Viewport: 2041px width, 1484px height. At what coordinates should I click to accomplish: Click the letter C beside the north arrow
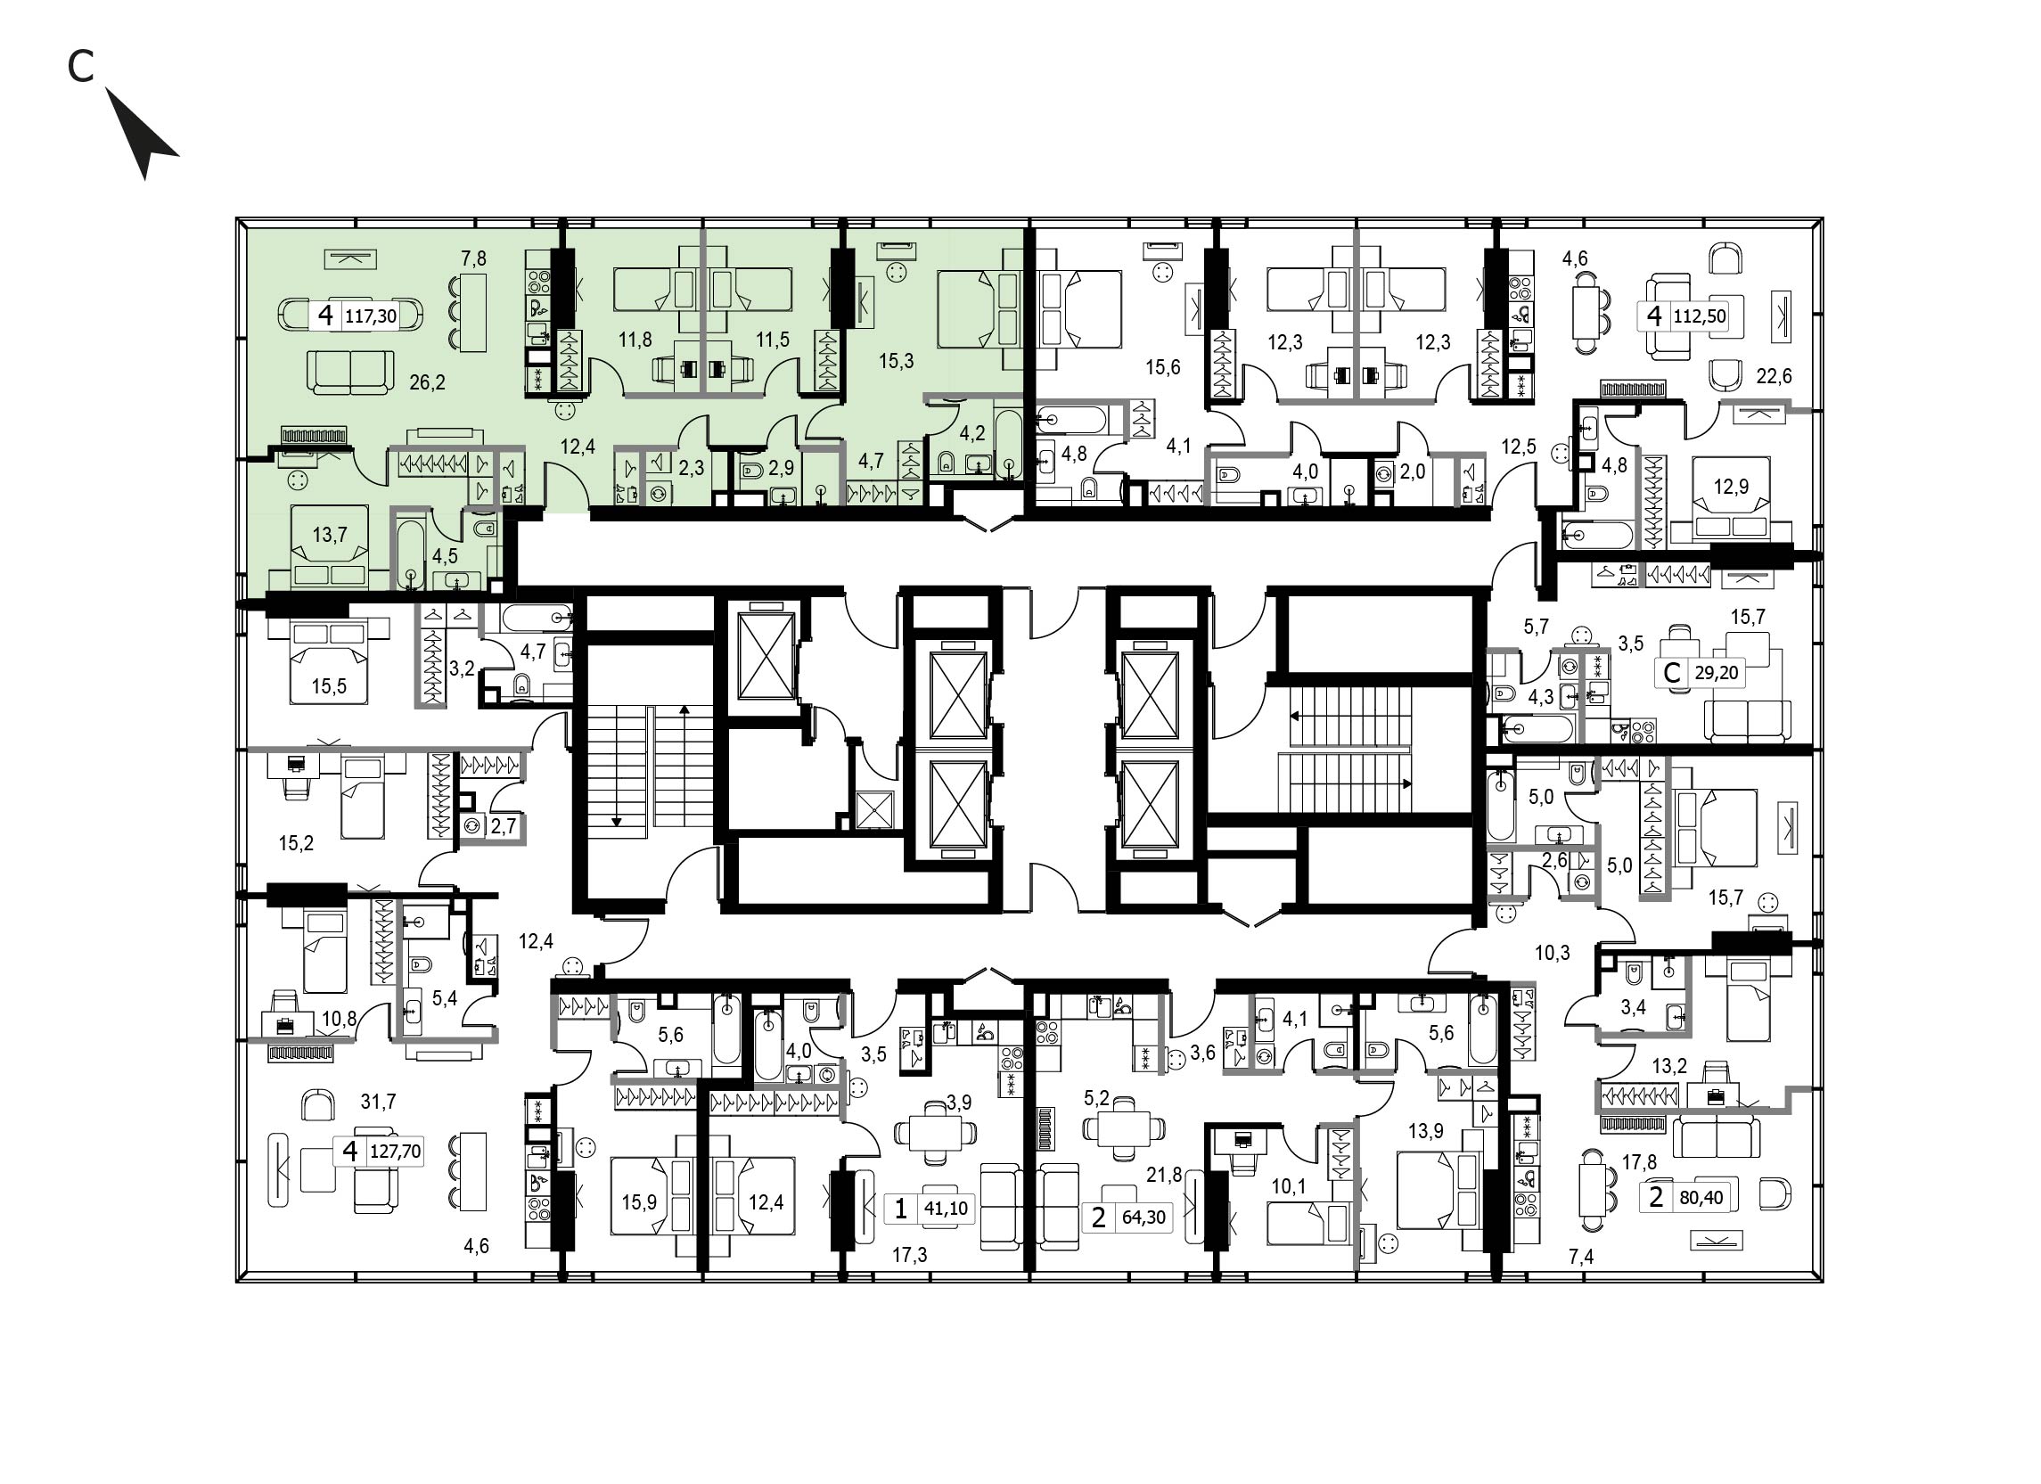81,66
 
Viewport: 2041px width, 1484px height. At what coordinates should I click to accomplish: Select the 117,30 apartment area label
372,316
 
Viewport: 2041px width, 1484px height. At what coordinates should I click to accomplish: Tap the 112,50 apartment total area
1699,316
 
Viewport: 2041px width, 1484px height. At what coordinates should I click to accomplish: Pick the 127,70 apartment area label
395,1151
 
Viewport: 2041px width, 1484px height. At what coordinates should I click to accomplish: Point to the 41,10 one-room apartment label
946,1208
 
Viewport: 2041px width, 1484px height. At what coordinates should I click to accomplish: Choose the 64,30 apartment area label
1143,1218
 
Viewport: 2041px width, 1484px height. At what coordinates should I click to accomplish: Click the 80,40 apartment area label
1700,1197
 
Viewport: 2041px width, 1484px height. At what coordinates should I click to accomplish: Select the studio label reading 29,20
1715,672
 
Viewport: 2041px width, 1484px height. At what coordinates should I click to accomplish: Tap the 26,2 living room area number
428,382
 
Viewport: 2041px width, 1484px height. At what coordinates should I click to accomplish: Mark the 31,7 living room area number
378,1102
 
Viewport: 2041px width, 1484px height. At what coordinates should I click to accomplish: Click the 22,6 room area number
1774,376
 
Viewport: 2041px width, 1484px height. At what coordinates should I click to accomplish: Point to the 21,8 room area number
1164,1174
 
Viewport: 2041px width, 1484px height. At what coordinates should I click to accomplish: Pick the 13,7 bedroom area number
330,536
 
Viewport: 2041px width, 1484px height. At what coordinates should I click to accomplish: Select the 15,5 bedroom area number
329,686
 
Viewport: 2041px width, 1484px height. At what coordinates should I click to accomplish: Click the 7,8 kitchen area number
473,259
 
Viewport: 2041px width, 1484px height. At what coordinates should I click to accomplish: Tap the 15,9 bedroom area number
638,1202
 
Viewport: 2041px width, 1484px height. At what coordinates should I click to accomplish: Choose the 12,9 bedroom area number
1731,487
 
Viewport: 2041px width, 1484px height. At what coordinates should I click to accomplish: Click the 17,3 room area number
909,1256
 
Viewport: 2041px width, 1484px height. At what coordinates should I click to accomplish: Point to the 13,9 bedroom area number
1426,1132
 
